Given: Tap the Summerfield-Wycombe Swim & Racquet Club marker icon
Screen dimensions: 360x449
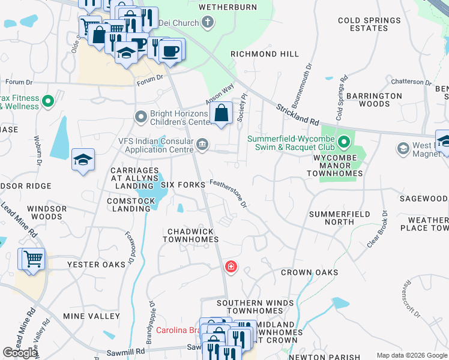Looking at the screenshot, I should (x=344, y=143).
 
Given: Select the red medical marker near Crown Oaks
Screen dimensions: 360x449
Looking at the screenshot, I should (x=231, y=266).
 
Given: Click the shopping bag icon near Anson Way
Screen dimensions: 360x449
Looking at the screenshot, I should (x=221, y=112).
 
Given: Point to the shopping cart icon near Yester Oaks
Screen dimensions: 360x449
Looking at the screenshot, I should (x=32, y=259).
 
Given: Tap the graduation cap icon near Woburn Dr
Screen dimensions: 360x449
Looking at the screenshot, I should (x=83, y=160).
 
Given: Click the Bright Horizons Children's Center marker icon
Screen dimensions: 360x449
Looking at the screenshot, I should (x=141, y=116).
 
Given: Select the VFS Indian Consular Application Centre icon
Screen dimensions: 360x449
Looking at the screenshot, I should (x=203, y=143).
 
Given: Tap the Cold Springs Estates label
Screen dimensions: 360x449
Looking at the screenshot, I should (x=367, y=24).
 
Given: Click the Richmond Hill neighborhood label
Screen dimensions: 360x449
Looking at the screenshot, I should (x=265, y=54).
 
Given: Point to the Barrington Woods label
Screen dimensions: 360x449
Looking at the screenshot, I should (x=374, y=100).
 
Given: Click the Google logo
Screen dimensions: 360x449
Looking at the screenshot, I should (x=20, y=353).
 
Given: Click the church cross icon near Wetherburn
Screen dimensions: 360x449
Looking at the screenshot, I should (x=208, y=23).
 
